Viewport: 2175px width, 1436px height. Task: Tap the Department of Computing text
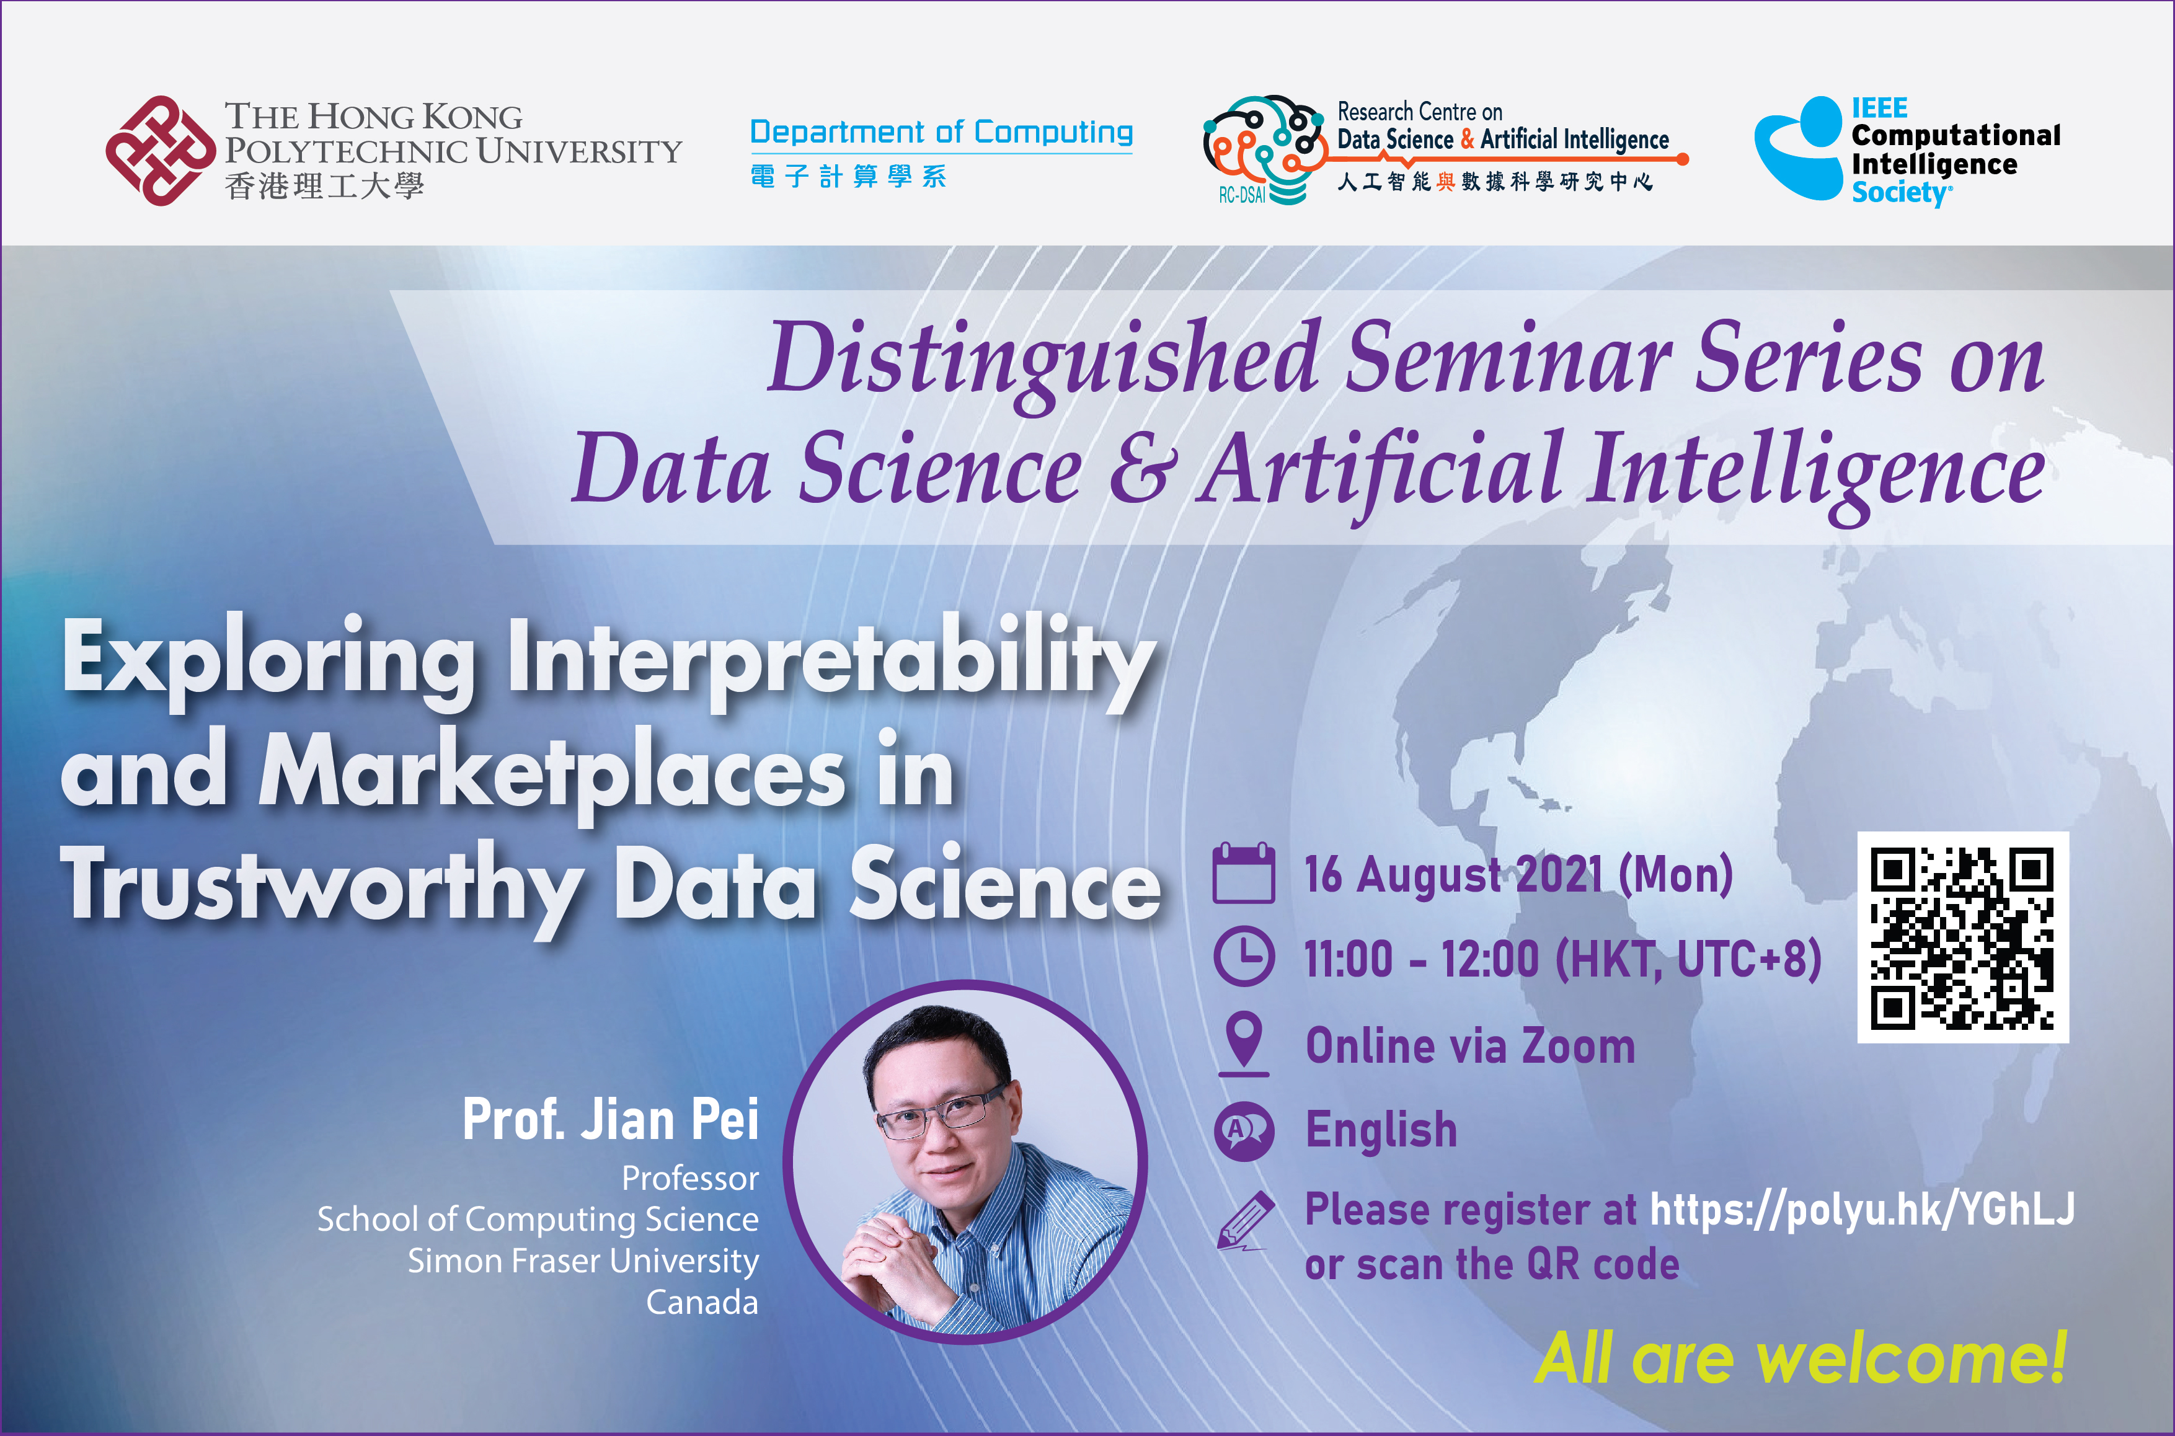941,133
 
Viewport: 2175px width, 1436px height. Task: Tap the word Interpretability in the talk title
831,661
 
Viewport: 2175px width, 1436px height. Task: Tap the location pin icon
1244,1042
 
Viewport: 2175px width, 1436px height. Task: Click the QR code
1962,937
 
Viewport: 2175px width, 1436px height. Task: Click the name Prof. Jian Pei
611,1119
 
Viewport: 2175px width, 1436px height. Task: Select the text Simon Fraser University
583,1261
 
